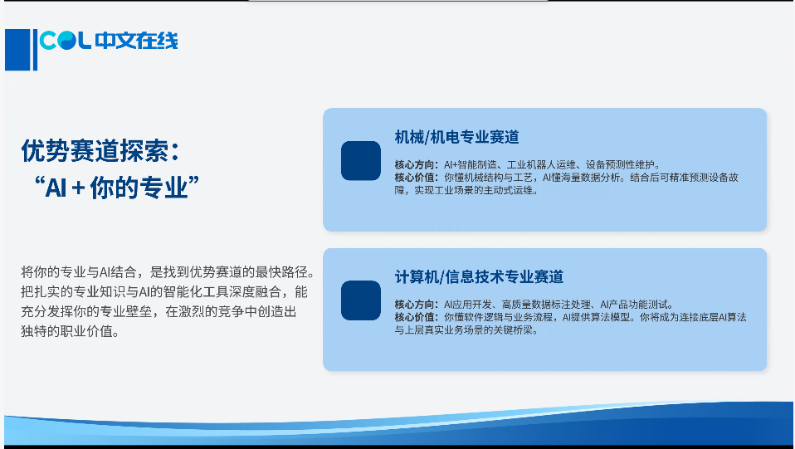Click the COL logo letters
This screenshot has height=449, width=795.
click(66, 41)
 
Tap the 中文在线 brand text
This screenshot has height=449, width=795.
click(136, 41)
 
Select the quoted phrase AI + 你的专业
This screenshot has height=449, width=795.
click(117, 188)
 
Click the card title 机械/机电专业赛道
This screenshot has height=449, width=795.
click(456, 137)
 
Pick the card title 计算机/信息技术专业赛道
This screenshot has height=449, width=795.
click(479, 276)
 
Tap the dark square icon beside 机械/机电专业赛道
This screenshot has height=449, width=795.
click(361, 161)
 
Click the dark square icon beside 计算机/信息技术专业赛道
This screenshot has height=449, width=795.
click(361, 300)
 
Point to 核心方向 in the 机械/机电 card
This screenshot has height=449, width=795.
click(415, 164)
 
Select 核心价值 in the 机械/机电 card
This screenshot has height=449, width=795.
click(415, 177)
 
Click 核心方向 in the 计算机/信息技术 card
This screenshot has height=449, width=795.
click(415, 305)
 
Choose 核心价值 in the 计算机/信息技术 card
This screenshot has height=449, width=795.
click(415, 317)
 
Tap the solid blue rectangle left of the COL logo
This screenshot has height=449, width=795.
click(17, 50)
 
